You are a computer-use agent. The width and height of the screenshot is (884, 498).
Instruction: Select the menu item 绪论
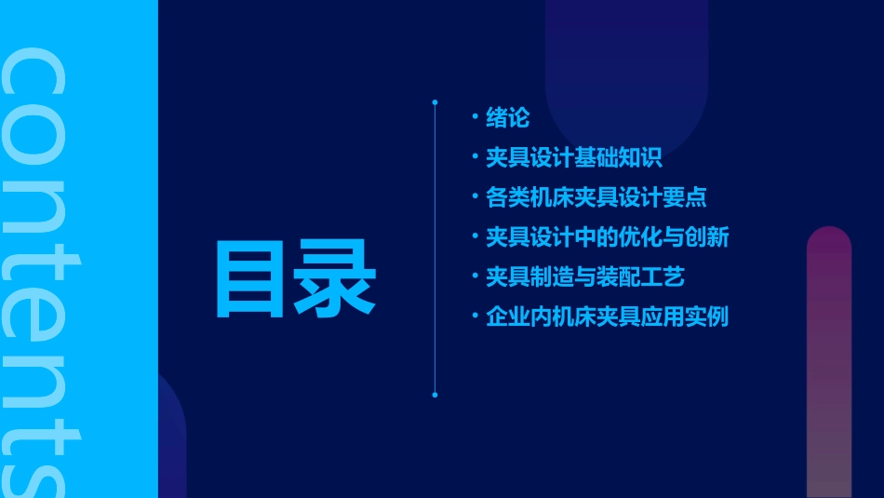507,118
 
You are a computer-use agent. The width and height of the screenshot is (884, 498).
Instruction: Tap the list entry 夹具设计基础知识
573,158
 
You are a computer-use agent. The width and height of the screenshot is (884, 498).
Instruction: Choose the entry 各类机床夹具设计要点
596,197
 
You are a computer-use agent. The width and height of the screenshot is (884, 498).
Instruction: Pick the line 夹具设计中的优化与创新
607,237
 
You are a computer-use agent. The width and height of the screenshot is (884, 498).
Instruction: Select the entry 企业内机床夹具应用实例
607,316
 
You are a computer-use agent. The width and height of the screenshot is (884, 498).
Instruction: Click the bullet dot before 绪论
475,117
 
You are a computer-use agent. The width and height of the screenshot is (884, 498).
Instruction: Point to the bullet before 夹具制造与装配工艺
475,276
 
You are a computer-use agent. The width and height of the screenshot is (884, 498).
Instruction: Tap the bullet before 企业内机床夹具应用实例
475,316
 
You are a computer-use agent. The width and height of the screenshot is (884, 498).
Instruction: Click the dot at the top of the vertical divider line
435,101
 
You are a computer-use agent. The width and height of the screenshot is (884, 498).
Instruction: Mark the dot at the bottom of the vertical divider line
435,395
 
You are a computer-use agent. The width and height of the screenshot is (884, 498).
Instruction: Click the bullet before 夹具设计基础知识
475,157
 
